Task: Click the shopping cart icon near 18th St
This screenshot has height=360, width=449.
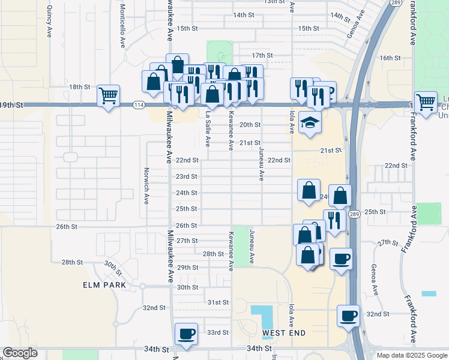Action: tap(108, 95)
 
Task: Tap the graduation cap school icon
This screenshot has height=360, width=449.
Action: tap(310, 123)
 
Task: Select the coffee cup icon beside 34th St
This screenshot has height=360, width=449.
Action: tap(185, 334)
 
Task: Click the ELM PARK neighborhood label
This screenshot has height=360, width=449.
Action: tap(104, 285)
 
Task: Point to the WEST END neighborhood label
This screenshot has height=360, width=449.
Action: tap(284, 332)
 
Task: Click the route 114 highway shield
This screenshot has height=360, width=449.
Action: tap(139, 105)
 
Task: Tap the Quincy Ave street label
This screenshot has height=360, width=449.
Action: tap(49, 23)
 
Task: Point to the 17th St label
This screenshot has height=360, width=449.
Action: tap(262, 55)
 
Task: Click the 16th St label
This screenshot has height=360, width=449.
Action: tap(390, 58)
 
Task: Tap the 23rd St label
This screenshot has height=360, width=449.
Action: tap(186, 176)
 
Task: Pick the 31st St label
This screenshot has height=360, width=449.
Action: tap(217, 302)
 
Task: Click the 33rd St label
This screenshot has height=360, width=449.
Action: tap(217, 332)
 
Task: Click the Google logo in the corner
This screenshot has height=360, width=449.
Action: tap(20, 352)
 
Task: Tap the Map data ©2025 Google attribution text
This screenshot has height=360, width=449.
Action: tap(411, 355)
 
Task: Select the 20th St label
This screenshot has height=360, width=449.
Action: tap(250, 125)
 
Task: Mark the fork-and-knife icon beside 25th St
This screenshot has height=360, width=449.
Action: tap(334, 220)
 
